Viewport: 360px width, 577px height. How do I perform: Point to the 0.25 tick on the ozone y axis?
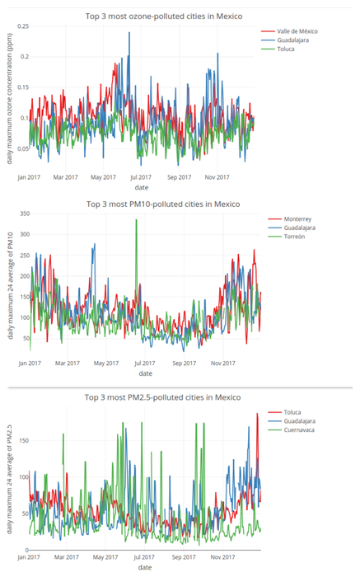coord(21,27)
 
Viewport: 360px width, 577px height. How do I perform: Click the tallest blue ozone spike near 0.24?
coord(129,34)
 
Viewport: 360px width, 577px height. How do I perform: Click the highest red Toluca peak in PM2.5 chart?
coord(257,414)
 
